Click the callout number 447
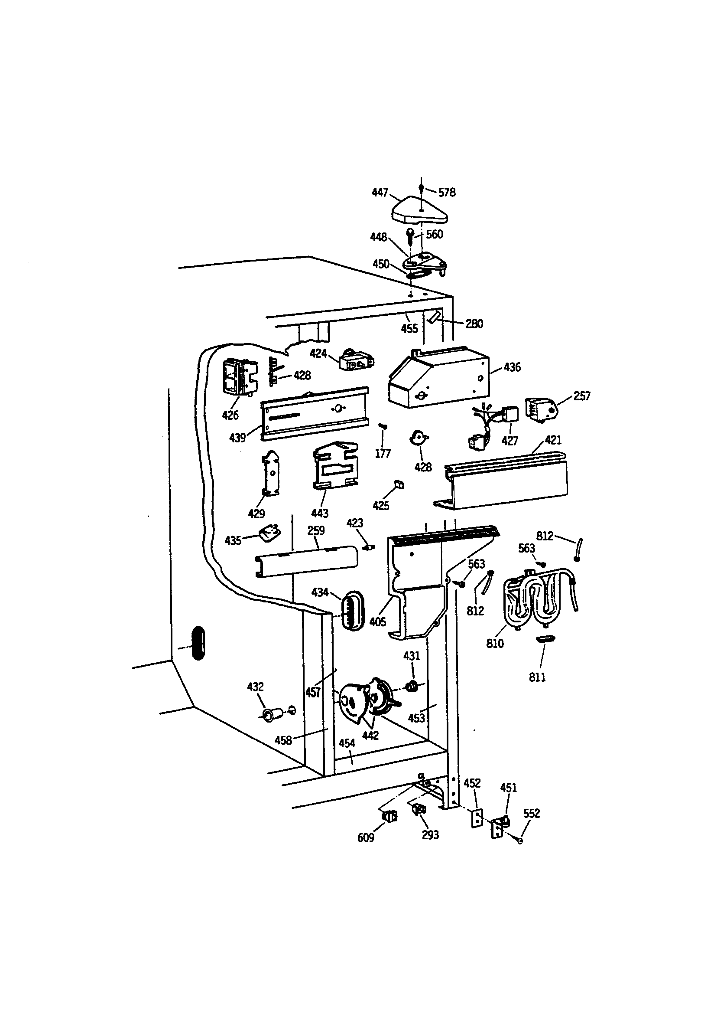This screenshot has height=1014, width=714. coord(380,192)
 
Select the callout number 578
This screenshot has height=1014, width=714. coord(447,193)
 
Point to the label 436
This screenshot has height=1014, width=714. coord(512,367)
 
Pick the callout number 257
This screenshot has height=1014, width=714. coord(581,396)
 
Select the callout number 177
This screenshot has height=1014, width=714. coord(383,454)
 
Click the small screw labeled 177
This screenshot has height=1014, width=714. coord(383,426)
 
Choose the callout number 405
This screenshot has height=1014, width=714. coord(378,622)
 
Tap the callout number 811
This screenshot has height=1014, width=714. coord(537,677)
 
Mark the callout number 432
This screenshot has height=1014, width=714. coord(255,687)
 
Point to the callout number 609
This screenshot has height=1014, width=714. coord(365,838)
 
